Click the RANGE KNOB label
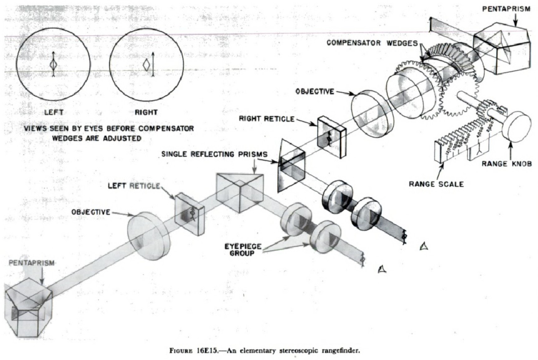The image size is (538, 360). tap(507, 163)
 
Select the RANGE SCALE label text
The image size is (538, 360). tap(436, 184)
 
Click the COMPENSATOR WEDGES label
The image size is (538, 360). tap(372, 43)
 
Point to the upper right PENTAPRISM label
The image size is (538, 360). tap(506, 9)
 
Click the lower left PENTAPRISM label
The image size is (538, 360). tap(31, 263)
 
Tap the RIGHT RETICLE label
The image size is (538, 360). tap(266, 119)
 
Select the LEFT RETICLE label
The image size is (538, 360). tap(134, 186)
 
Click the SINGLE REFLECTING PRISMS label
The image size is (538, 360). tap(214, 154)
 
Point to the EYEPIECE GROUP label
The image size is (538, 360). tap(243, 250)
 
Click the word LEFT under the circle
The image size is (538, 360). tap(54, 112)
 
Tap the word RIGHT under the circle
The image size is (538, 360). tap(146, 112)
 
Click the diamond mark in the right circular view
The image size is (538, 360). tap(146, 65)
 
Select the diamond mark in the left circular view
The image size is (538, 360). tap(54, 65)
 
